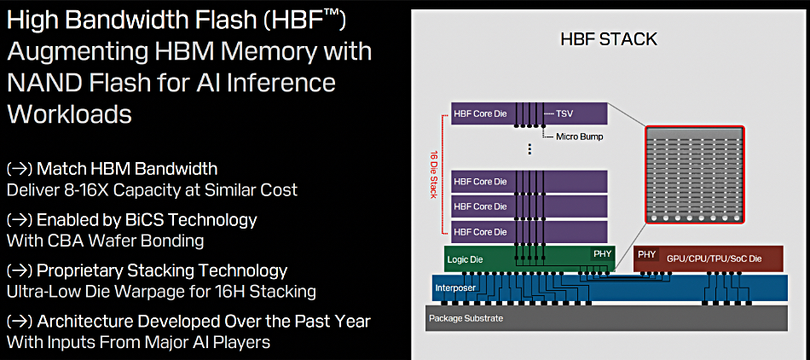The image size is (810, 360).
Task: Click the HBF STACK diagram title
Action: tap(609, 40)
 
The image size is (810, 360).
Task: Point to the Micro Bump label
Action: tap(580, 136)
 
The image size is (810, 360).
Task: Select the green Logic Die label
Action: tap(465, 260)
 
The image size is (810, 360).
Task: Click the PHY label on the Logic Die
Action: tap(602, 253)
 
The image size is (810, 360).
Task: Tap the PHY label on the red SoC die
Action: tap(647, 254)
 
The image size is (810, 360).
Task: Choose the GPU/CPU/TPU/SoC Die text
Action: tap(714, 258)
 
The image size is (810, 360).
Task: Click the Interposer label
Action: tap(456, 287)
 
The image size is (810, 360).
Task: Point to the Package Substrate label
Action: tap(466, 318)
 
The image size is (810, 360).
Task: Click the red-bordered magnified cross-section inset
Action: tap(694, 175)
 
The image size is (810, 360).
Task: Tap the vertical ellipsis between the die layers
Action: tap(529, 149)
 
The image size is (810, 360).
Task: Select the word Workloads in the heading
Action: tap(69, 113)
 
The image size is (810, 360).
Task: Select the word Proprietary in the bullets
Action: tap(91, 271)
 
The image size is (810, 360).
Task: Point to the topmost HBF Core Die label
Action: tap(480, 113)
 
